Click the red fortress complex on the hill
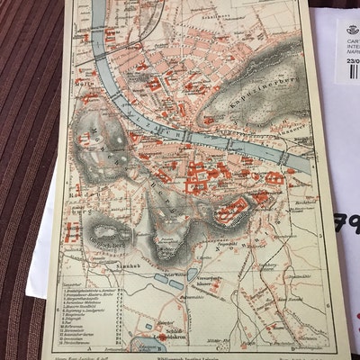232,211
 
